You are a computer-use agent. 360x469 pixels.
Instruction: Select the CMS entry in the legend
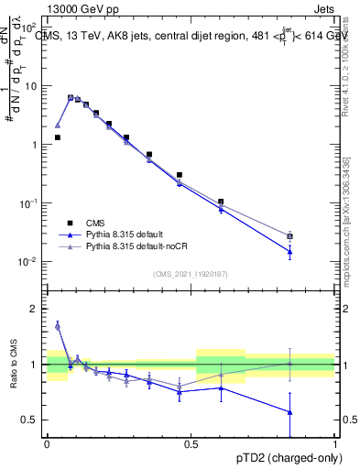click(95, 222)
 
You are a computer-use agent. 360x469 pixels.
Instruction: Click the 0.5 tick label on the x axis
click(191, 442)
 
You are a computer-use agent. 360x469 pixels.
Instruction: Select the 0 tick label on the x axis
click(47, 442)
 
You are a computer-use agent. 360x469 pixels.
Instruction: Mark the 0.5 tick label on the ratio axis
click(29, 420)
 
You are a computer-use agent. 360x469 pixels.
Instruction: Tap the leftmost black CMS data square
click(58, 137)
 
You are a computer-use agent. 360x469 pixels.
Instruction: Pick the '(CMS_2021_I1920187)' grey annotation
click(191, 274)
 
